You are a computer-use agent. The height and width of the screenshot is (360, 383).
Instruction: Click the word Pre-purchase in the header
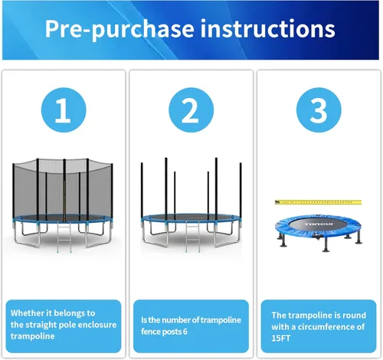(x=119, y=30)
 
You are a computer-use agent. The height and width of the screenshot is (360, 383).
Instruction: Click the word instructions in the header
(x=267, y=28)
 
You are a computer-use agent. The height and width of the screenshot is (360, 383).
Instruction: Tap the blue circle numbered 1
(x=64, y=110)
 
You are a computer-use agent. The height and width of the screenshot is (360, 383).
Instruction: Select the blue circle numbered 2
(x=191, y=110)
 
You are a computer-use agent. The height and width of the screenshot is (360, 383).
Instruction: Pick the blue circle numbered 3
(x=319, y=110)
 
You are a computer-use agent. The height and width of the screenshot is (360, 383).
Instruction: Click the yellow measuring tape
(x=318, y=202)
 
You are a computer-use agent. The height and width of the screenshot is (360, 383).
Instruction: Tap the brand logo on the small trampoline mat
(x=319, y=224)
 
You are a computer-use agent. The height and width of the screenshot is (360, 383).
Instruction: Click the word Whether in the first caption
(x=28, y=313)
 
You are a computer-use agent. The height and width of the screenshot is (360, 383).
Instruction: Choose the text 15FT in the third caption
(x=281, y=339)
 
